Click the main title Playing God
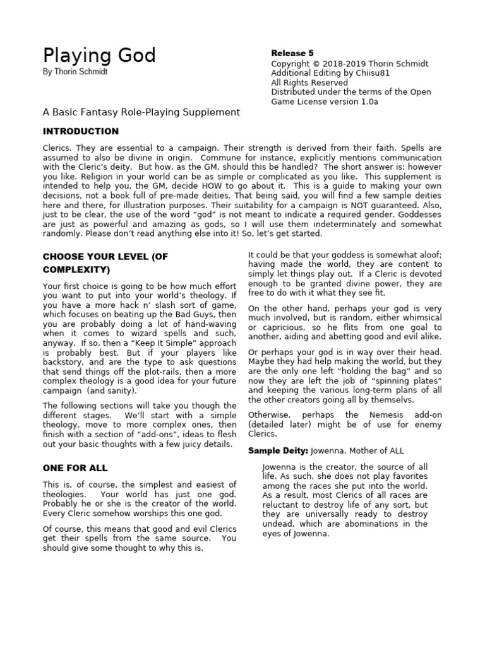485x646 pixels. coord(99,56)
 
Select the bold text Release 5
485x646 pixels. coord(292,54)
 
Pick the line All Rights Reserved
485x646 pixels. coord(309,83)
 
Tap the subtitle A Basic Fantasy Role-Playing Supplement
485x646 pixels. coord(141,112)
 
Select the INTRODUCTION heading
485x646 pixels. coord(80,131)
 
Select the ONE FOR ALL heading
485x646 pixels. coord(75,468)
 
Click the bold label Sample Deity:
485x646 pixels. coord(277,450)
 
